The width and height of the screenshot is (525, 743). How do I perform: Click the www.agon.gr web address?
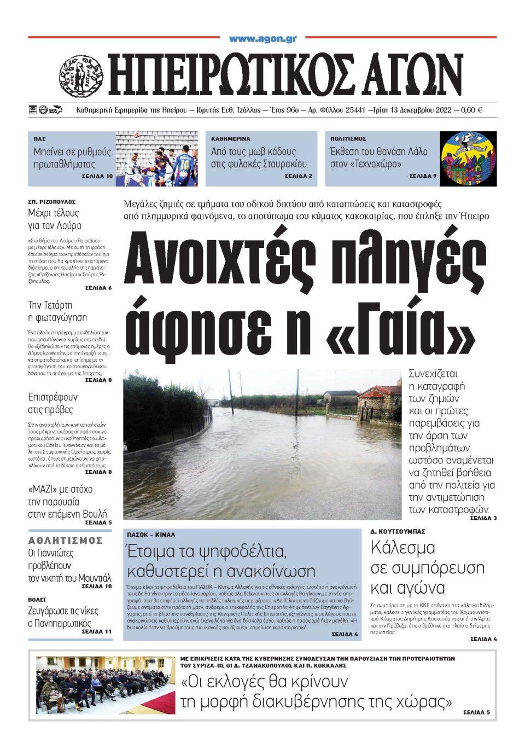coord(262,39)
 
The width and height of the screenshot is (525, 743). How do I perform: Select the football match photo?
coord(156,159)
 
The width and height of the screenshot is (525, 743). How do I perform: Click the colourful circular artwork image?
coord(468,159)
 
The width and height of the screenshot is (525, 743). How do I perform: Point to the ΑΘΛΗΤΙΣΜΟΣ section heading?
coord(66,541)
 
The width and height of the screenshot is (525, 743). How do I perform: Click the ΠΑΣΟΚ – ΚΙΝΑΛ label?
coord(151,535)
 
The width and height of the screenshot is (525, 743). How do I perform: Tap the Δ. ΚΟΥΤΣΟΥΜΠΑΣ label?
coord(398,531)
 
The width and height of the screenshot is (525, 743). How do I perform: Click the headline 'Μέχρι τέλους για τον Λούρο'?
coord(54,219)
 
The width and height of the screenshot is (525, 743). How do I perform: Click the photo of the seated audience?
coord(106,685)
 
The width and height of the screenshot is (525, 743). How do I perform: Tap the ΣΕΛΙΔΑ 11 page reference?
coord(96,631)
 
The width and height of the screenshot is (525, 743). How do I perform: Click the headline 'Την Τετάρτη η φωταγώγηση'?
coord(57,311)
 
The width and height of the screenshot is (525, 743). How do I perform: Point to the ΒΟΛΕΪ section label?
coord(37,600)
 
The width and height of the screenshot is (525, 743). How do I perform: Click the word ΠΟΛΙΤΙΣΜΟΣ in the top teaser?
coord(348,139)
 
